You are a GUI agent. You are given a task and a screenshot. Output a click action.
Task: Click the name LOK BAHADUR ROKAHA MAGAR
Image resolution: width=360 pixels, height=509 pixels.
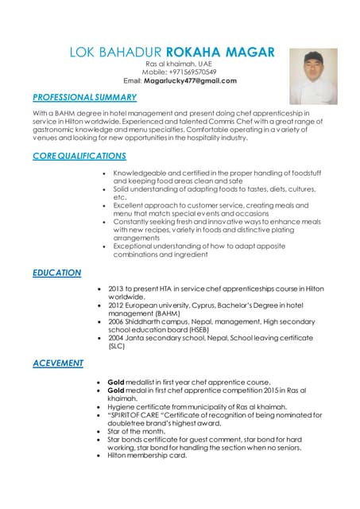172,52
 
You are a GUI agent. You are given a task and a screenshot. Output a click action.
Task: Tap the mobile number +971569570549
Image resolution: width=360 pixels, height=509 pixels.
188,72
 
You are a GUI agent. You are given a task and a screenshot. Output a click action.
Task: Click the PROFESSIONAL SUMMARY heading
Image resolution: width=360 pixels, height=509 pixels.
85,98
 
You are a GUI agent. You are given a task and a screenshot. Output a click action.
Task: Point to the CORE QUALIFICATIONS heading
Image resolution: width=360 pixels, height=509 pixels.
79,156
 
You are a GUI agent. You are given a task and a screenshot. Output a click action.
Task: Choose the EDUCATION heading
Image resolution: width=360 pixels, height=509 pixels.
57,273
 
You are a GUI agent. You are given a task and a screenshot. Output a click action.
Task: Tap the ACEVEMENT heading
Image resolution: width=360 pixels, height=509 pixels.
58,363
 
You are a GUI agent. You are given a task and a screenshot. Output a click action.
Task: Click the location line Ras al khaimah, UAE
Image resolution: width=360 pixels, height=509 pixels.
178,64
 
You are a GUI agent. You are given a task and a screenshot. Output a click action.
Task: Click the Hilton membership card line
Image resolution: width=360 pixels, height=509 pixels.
147,457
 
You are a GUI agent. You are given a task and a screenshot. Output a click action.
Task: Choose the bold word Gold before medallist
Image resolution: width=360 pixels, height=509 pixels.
116,381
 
